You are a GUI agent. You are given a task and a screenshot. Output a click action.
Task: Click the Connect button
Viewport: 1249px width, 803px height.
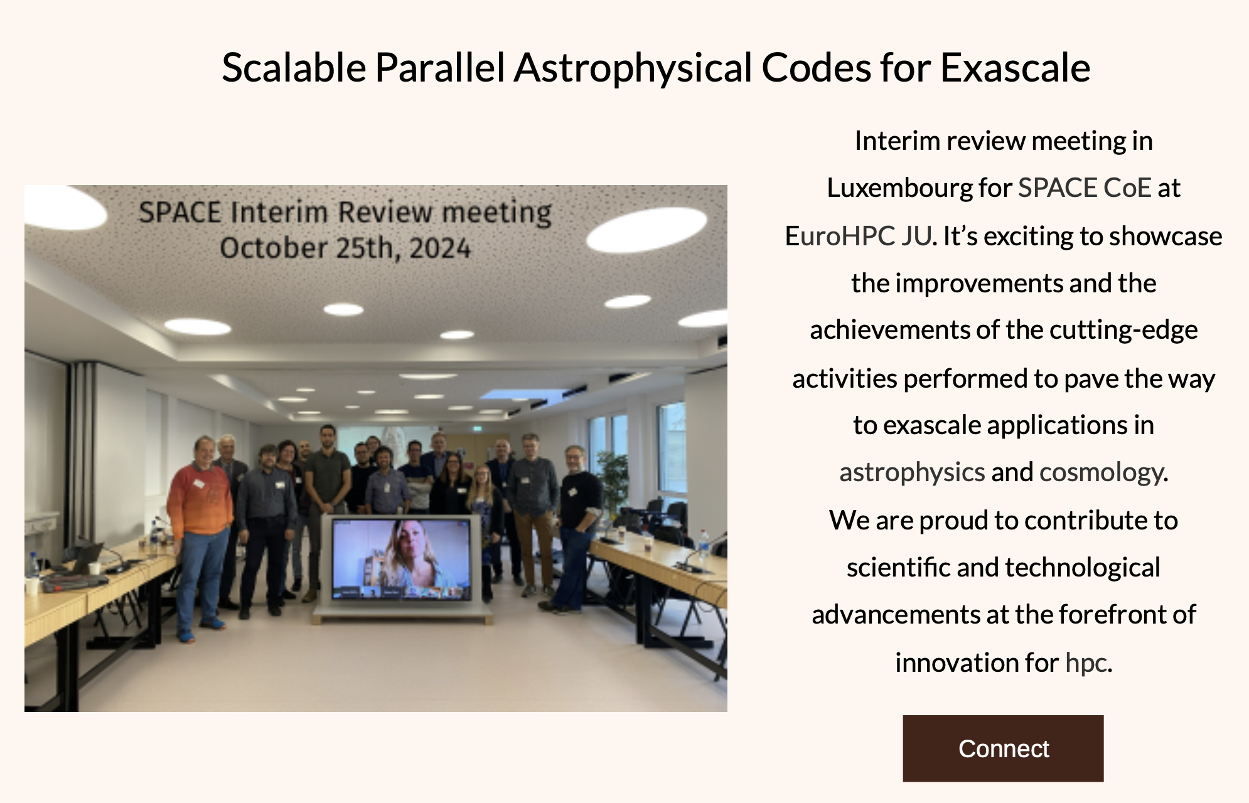(x=1002, y=748)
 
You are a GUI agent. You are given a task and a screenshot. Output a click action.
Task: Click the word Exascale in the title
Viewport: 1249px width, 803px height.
(x=1015, y=68)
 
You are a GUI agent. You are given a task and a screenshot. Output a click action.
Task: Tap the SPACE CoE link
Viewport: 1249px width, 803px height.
(x=1084, y=188)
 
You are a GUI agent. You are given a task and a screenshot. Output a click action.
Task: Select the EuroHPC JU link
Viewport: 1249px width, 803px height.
(x=857, y=236)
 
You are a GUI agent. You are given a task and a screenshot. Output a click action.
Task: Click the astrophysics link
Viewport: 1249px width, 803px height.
(x=911, y=472)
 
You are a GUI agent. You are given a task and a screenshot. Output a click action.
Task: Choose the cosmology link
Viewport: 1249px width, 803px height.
(x=1102, y=472)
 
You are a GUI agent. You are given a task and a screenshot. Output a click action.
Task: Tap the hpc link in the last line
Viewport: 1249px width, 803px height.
(x=1086, y=662)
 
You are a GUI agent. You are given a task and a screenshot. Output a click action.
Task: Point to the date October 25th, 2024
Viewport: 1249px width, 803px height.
(x=345, y=248)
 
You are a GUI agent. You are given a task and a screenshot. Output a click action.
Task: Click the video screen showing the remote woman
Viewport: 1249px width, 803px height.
(x=401, y=558)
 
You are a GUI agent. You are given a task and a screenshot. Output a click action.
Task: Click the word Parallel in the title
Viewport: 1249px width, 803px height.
(x=439, y=68)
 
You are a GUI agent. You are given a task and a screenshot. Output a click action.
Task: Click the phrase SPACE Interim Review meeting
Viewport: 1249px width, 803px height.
(x=345, y=212)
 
